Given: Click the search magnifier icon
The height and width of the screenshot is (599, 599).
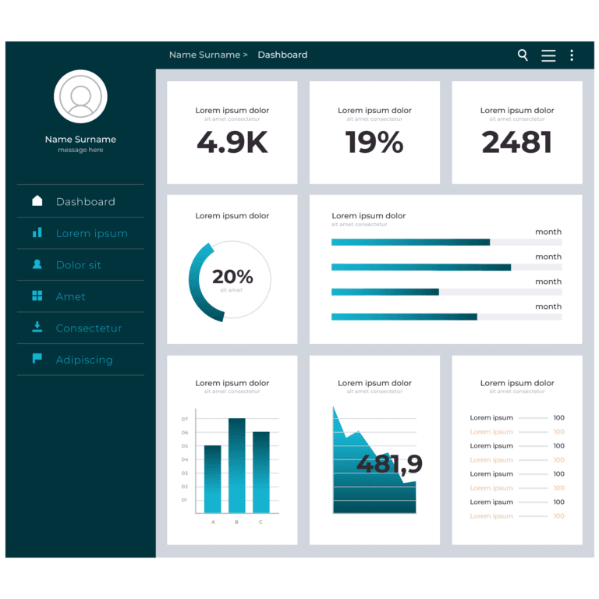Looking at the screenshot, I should [x=523, y=55].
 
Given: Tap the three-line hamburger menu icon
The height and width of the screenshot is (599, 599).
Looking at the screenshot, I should [x=548, y=55].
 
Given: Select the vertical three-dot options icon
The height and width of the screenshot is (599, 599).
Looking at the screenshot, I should [x=572, y=55].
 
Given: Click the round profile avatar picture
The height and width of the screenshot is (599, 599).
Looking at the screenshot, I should [x=80, y=97].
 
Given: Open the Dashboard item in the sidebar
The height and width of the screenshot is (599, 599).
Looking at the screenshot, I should [x=85, y=201].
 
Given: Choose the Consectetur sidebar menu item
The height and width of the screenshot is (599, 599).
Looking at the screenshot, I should [x=88, y=328].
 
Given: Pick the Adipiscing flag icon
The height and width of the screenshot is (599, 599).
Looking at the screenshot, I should [x=37, y=359].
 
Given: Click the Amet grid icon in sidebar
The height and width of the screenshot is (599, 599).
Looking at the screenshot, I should [x=37, y=296].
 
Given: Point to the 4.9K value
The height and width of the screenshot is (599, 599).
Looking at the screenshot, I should [x=232, y=143].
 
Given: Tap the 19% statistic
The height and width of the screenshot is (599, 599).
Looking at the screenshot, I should [x=374, y=143].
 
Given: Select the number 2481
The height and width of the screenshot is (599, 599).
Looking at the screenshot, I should [x=516, y=143].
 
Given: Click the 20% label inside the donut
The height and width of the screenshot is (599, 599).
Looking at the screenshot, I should [x=232, y=277].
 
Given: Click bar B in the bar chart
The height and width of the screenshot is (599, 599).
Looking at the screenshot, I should [x=236, y=466].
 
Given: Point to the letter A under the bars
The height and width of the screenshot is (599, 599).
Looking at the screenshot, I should [x=213, y=522].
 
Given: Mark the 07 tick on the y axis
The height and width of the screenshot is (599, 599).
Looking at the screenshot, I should [x=185, y=419].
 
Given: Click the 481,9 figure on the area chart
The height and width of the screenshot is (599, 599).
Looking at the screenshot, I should [x=389, y=464].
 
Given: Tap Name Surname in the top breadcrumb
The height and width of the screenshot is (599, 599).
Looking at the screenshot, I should [x=204, y=55].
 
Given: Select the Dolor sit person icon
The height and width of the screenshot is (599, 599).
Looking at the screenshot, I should [x=37, y=264].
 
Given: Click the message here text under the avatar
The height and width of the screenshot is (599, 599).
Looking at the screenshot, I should [x=80, y=150].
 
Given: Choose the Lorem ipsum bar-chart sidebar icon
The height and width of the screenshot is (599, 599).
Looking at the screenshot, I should [x=37, y=232].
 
